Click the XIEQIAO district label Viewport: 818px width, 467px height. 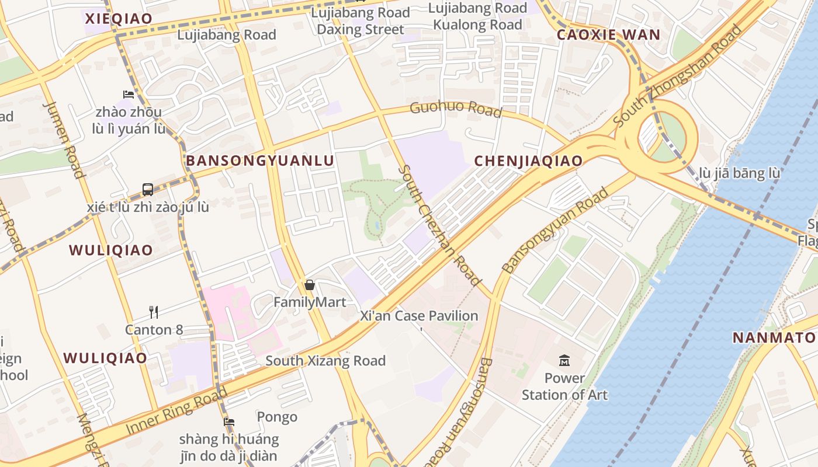tap(119, 18)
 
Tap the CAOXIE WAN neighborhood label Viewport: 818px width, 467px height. tap(608, 34)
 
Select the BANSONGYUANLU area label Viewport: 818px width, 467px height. tap(260, 161)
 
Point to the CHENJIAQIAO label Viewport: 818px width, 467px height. tap(528, 161)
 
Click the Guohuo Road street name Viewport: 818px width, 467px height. tap(456, 109)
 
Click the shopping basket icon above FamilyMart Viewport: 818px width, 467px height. tap(310, 285)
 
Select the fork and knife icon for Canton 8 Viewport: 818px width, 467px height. tap(154, 312)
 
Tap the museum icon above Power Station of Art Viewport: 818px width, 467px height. tap(564, 360)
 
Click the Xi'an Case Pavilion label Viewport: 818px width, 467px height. tap(419, 316)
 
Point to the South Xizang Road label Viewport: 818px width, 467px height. tap(325, 361)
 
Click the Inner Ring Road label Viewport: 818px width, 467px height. tap(176, 411)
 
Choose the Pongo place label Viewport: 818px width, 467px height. tap(277, 417)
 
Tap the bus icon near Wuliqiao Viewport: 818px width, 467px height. tap(148, 190)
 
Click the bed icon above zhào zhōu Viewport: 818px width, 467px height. tap(129, 94)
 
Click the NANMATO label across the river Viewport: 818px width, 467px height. tap(774, 337)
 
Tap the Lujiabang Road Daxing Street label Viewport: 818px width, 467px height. tap(360, 21)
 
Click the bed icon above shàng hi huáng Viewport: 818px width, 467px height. tap(229, 421)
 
